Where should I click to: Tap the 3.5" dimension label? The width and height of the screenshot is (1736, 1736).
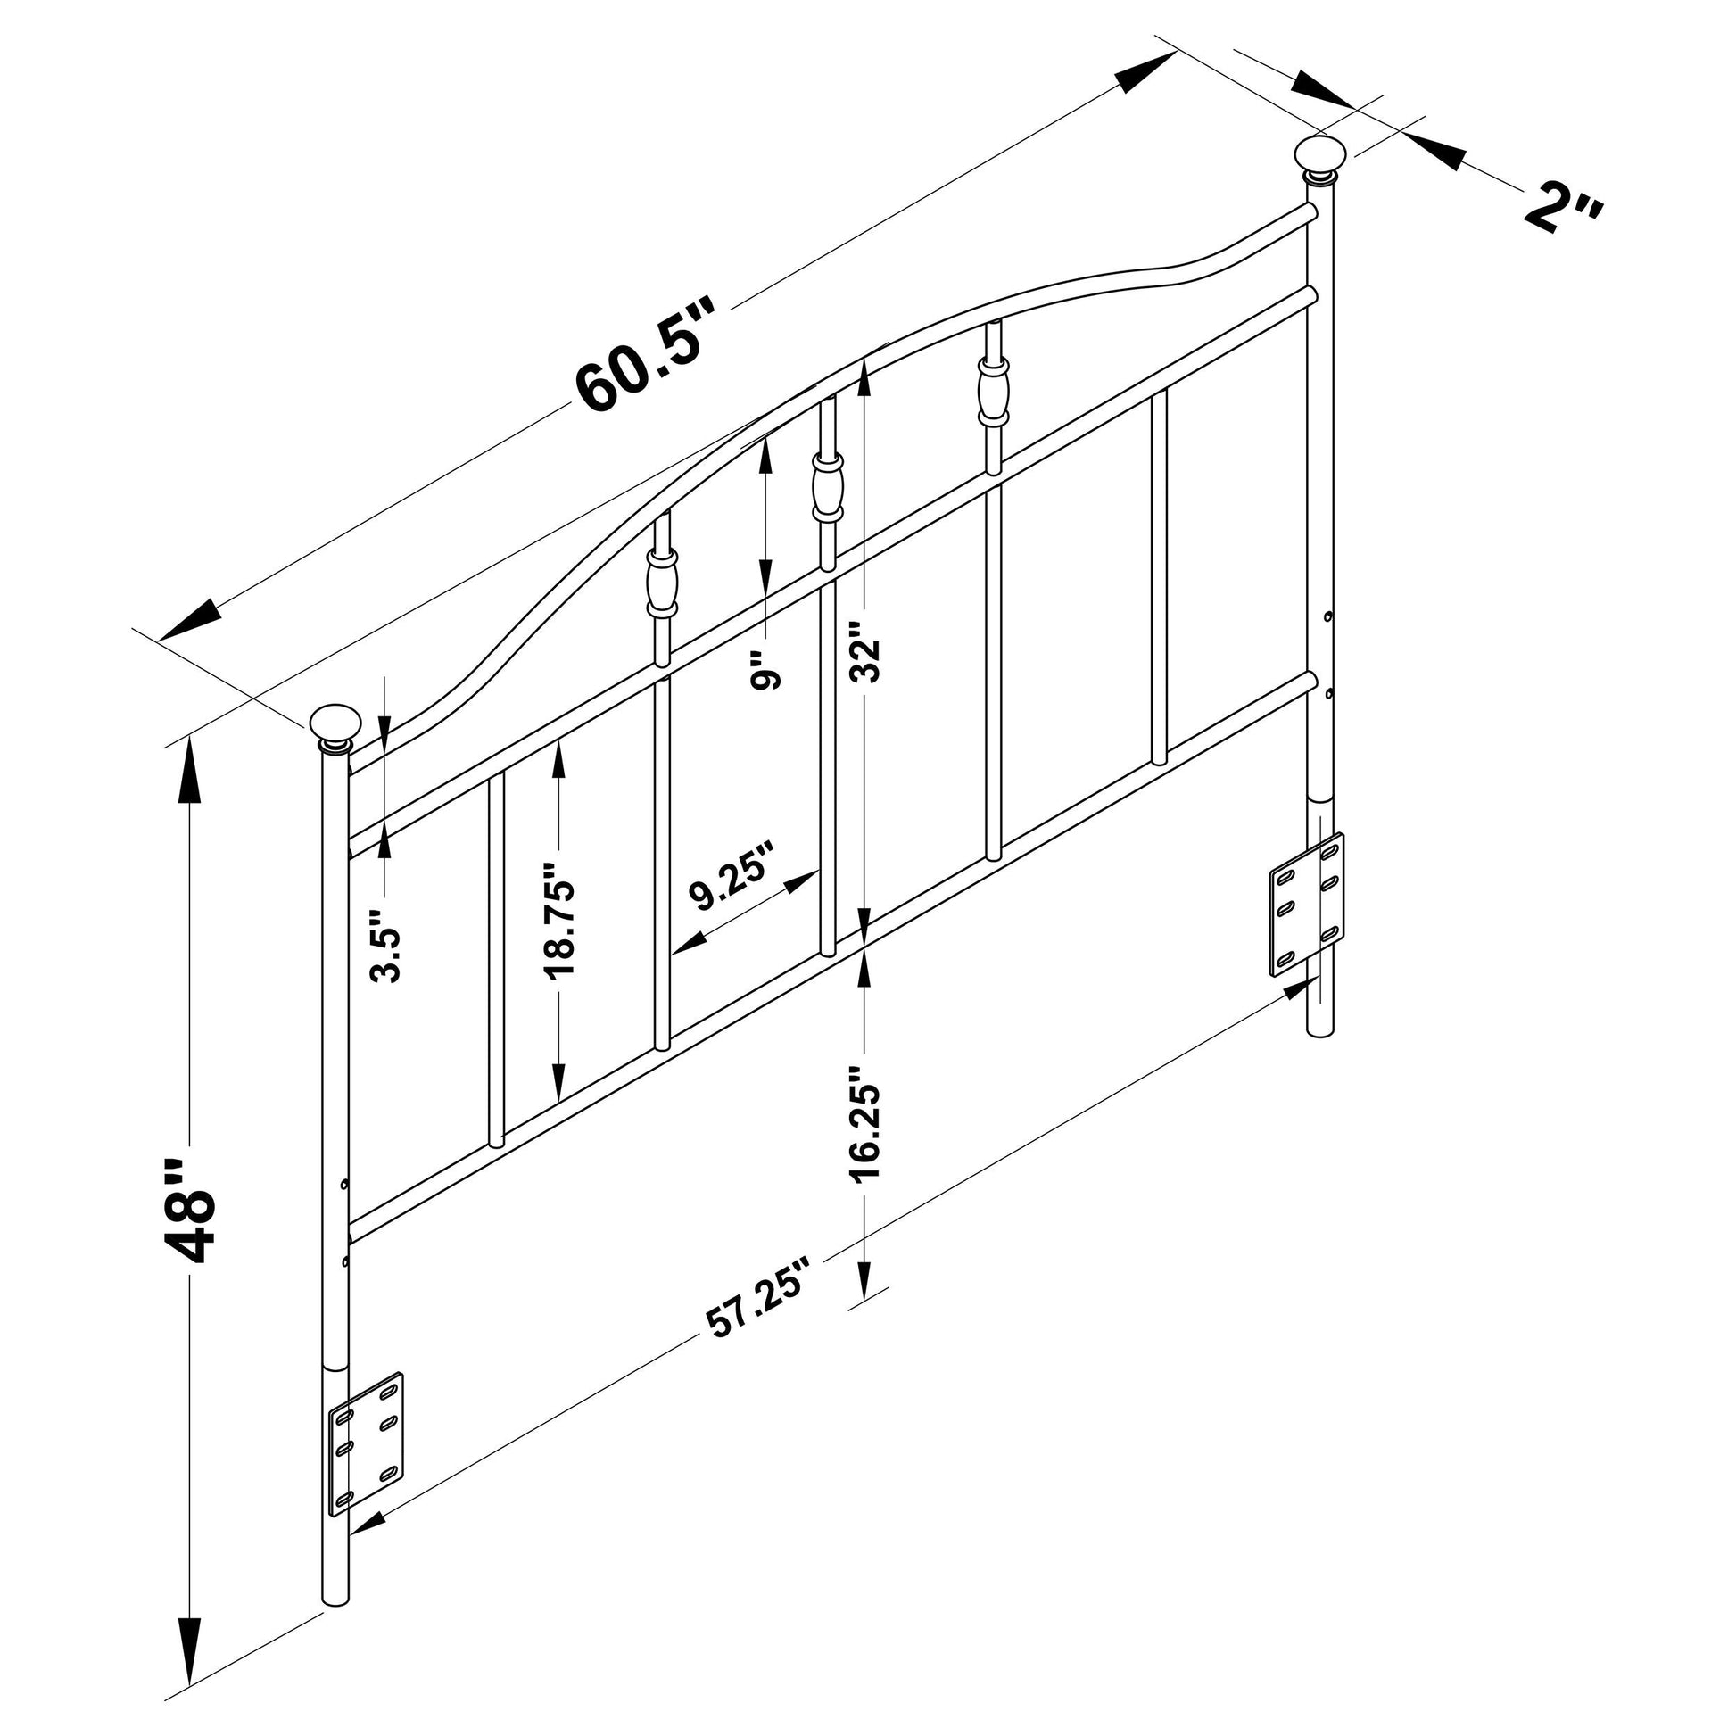click(387, 946)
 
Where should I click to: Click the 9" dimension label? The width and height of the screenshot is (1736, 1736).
click(765, 669)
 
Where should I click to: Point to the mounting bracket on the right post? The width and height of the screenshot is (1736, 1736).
click(1308, 904)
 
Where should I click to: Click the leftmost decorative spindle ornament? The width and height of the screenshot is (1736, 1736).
click(661, 583)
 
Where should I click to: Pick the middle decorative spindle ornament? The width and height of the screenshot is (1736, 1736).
click(828, 488)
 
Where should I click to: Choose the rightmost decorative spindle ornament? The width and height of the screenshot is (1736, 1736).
click(993, 392)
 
